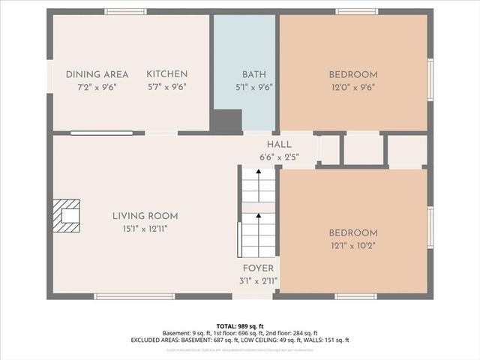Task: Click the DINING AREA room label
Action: pyautogui.click(x=97, y=74)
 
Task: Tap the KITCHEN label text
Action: pyautogui.click(x=166, y=74)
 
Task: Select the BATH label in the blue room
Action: pyautogui.click(x=253, y=74)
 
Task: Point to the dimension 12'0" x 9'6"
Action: pyautogui.click(x=352, y=86)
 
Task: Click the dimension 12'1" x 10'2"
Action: pyautogui.click(x=352, y=244)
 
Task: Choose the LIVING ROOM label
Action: pyautogui.click(x=145, y=216)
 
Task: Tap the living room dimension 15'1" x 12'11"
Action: pyautogui.click(x=145, y=228)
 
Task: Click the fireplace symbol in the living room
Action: pyautogui.click(x=67, y=216)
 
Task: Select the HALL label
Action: pyautogui.click(x=279, y=145)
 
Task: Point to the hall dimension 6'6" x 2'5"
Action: pyautogui.click(x=279, y=157)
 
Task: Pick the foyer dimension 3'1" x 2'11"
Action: pyautogui.click(x=259, y=280)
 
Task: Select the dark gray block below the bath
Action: pyautogui.click(x=226, y=121)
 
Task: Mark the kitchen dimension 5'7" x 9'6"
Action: pyautogui.click(x=166, y=86)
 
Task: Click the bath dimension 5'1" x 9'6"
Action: pyautogui.click(x=253, y=86)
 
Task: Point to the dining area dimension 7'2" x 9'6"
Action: pyautogui.click(x=97, y=86)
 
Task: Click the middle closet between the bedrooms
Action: pyautogui.click(x=364, y=150)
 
